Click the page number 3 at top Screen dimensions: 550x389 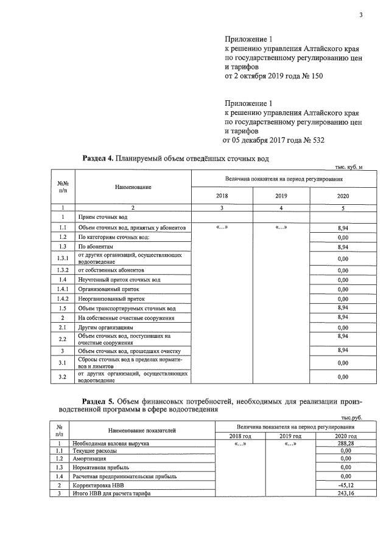[360, 16]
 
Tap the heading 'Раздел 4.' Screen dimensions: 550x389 [97, 159]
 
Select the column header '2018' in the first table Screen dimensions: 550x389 [222, 196]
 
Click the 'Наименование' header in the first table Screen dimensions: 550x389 [133, 188]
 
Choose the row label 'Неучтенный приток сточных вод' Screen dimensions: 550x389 [119, 280]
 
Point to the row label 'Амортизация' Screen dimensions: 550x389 [92, 459]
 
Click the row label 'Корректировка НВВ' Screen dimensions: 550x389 [101, 486]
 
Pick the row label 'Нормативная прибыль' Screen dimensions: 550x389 [100, 467]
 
